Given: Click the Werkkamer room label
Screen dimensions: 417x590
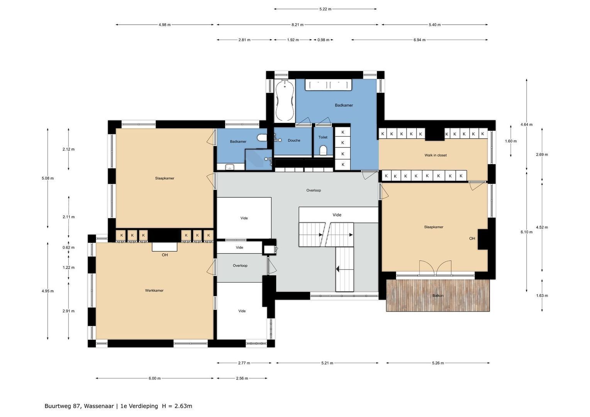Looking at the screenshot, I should tap(154, 290).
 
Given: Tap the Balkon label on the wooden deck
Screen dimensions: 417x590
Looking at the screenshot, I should tap(438, 296).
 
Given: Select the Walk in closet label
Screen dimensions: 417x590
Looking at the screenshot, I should tap(436, 155).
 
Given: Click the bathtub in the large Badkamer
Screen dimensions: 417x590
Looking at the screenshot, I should tap(285, 100).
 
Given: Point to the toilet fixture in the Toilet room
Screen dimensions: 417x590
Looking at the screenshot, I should tap(324, 150).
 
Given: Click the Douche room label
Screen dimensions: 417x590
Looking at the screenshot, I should tap(294, 141).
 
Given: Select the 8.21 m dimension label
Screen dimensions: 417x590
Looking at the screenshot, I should tap(297, 25).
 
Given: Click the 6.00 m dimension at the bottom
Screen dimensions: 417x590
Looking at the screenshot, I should tap(154, 378).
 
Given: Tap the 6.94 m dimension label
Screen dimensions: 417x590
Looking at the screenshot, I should tap(419, 40).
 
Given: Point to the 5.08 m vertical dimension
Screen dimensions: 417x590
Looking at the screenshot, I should tap(48, 178).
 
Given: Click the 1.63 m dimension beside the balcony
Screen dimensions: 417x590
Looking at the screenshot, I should tap(542, 296).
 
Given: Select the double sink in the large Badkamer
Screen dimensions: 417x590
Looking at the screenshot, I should tap(329, 85).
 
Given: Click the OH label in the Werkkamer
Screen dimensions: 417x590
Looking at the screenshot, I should tap(165, 255).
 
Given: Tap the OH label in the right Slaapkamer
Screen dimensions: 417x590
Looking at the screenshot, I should tap(472, 239).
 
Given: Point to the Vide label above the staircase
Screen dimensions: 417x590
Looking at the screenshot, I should tap(337, 215).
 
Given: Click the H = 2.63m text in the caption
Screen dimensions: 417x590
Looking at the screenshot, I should tap(177, 406).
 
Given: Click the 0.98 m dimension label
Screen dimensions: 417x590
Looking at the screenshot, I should tap(323, 40).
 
